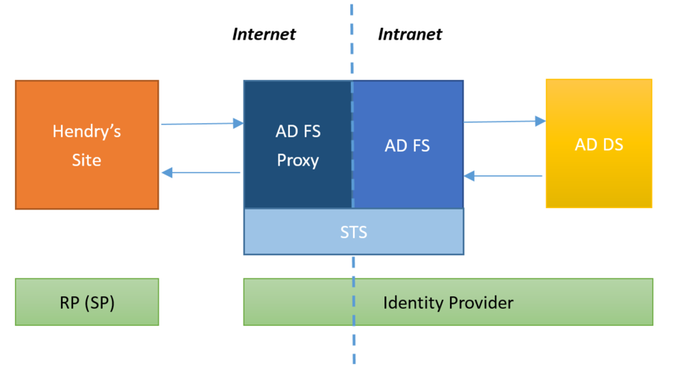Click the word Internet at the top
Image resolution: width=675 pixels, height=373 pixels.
[x=264, y=34]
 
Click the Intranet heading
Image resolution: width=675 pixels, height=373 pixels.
[x=410, y=34]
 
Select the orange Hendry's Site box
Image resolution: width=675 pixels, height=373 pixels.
[x=87, y=145]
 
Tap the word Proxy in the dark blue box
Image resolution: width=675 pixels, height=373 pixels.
[x=298, y=160]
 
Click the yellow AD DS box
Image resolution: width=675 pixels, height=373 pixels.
[x=599, y=143]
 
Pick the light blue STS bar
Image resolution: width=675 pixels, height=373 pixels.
[x=353, y=232]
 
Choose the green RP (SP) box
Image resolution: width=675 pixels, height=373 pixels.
[x=87, y=302]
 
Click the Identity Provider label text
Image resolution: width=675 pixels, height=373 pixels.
[x=448, y=303]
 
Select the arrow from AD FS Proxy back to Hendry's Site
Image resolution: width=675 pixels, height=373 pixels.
[x=200, y=173]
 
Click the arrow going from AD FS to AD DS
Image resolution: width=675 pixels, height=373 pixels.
[x=505, y=122]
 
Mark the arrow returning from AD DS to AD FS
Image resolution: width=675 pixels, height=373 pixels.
[x=503, y=176]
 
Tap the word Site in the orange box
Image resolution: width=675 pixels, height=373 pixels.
[x=86, y=160]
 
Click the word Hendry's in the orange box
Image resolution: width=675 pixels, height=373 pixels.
[x=86, y=131]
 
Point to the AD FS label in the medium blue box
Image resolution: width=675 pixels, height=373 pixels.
[x=408, y=145]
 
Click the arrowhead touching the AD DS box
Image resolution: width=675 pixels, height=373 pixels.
[x=541, y=121]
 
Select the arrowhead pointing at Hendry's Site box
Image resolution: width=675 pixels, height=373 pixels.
[x=167, y=173]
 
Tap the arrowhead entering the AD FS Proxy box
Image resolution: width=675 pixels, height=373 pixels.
[x=238, y=123]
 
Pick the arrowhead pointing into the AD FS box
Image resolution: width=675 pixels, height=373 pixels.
[x=469, y=176]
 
